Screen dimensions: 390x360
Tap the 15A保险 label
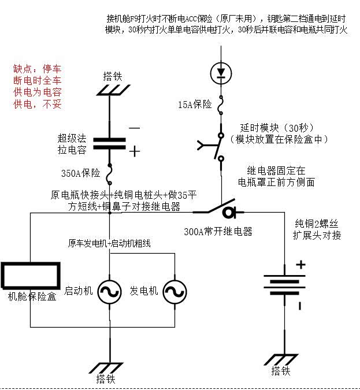[x=195, y=105]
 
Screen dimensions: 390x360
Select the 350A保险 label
[x=80, y=173]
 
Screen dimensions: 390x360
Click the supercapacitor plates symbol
[x=110, y=143]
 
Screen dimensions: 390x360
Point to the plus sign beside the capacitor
[x=134, y=151]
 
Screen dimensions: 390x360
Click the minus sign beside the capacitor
[x=134, y=128]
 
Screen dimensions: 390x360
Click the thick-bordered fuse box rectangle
[x=30, y=274]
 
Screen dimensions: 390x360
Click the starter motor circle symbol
[x=108, y=292]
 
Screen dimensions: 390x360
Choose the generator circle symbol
[x=174, y=292]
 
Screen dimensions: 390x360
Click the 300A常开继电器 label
[x=217, y=232]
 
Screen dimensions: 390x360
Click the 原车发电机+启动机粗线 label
[x=109, y=243]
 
